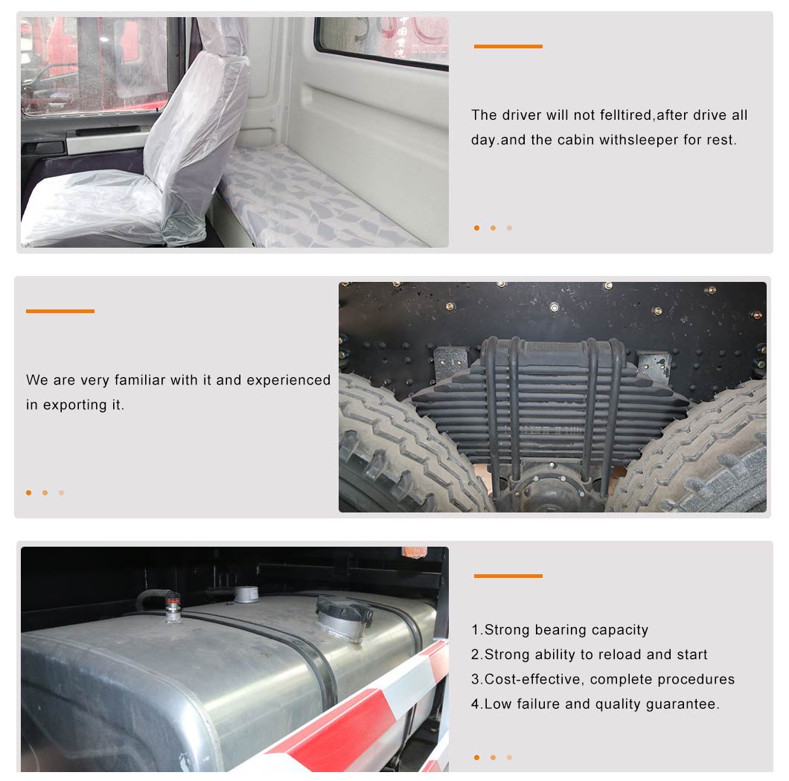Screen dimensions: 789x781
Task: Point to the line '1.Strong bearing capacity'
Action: click(560, 629)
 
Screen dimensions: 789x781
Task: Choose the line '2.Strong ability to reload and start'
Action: click(590, 655)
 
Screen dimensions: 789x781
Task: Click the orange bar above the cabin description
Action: click(508, 46)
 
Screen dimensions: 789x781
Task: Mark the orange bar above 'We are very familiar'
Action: click(60, 312)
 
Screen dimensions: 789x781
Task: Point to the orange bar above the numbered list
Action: click(508, 576)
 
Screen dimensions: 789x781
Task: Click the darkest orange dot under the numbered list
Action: click(476, 757)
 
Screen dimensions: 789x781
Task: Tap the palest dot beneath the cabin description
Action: click(510, 228)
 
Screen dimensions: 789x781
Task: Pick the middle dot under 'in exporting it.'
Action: click(45, 493)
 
